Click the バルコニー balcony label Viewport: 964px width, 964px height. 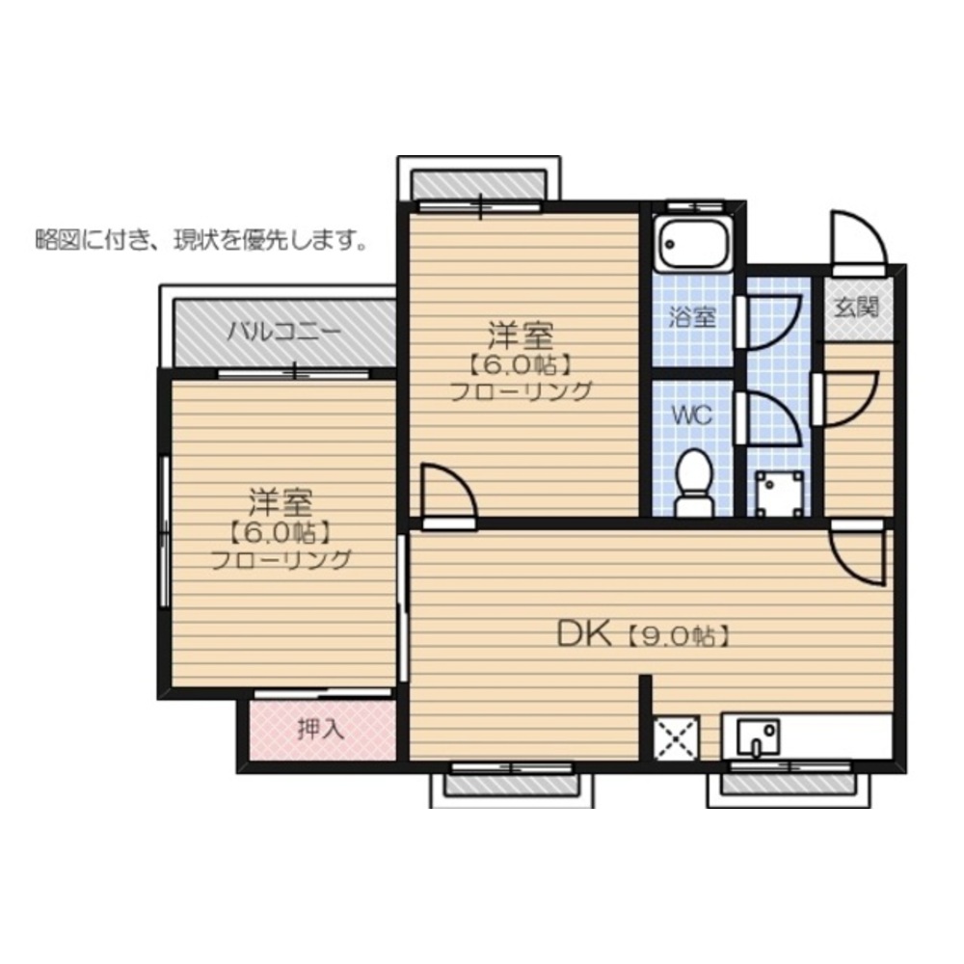283,333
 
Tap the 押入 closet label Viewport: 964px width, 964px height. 320,729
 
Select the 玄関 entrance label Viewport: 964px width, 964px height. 856,307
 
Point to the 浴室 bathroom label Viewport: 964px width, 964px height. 692,317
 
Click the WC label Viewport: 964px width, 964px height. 691,415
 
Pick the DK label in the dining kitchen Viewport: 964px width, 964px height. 584,634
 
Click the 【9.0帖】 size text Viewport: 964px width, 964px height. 678,636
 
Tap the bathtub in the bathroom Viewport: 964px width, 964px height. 693,243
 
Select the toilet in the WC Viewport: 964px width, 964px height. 694,484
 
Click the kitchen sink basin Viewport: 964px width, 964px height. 758,736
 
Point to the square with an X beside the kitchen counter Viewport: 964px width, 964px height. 676,738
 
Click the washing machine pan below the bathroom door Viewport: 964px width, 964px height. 780,494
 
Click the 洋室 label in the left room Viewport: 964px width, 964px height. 281,501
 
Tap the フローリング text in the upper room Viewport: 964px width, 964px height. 522,391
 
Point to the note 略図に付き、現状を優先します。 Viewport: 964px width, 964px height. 202,240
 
